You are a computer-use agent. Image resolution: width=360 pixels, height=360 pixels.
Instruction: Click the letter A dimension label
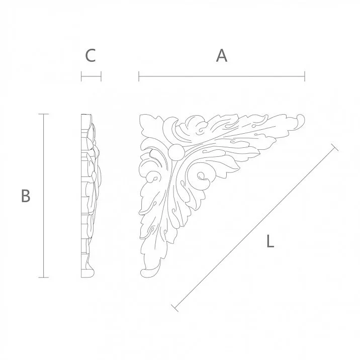[x=222, y=56]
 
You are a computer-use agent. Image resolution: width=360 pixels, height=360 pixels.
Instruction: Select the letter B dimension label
[x=26, y=196]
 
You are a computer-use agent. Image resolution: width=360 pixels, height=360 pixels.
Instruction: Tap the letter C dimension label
[x=91, y=56]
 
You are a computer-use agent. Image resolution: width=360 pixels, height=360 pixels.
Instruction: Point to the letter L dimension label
[x=270, y=242]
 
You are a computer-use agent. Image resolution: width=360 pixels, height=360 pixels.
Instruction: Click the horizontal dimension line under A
[x=221, y=77]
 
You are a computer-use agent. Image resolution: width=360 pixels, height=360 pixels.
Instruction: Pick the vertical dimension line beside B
[x=45, y=196]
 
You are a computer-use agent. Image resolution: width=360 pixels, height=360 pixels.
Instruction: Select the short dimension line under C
[x=91, y=77]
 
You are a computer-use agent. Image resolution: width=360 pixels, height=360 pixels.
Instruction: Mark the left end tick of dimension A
[x=139, y=77]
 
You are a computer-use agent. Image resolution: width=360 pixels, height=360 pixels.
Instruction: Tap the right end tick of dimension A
[x=304, y=77]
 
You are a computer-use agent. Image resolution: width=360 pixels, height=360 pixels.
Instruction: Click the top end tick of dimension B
[x=45, y=115]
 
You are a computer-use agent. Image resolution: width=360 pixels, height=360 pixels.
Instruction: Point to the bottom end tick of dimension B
[x=45, y=277]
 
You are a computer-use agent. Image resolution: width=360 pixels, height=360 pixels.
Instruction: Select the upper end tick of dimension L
[x=334, y=147]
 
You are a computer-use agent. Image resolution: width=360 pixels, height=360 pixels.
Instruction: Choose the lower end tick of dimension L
[x=174, y=307]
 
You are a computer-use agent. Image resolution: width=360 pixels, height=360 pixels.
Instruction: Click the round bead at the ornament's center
[x=175, y=152]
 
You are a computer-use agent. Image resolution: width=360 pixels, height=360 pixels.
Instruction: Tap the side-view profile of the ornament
[x=89, y=196]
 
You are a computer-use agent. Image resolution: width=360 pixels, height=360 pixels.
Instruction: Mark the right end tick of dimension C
[x=101, y=77]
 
